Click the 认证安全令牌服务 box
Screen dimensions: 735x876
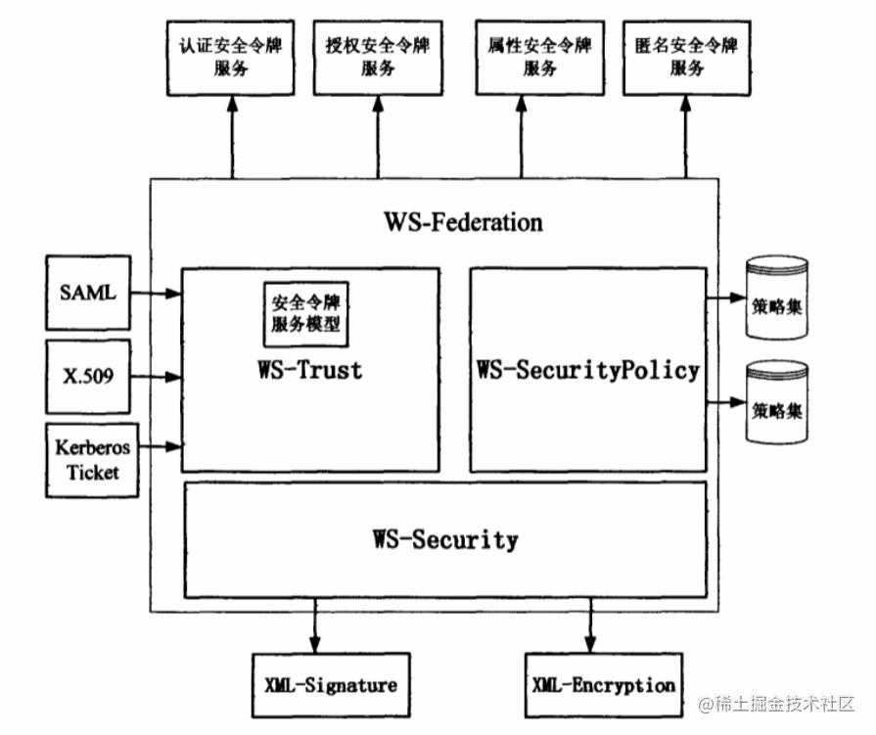232,58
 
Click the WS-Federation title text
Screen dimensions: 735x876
463,222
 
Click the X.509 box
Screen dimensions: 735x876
88,375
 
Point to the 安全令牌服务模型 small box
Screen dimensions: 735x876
305,313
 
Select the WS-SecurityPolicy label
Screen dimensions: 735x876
588,370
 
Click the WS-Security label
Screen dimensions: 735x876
445,539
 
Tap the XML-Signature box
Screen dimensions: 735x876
331,684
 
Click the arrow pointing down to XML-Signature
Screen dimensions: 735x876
315,626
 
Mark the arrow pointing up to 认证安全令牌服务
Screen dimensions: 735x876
232,137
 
